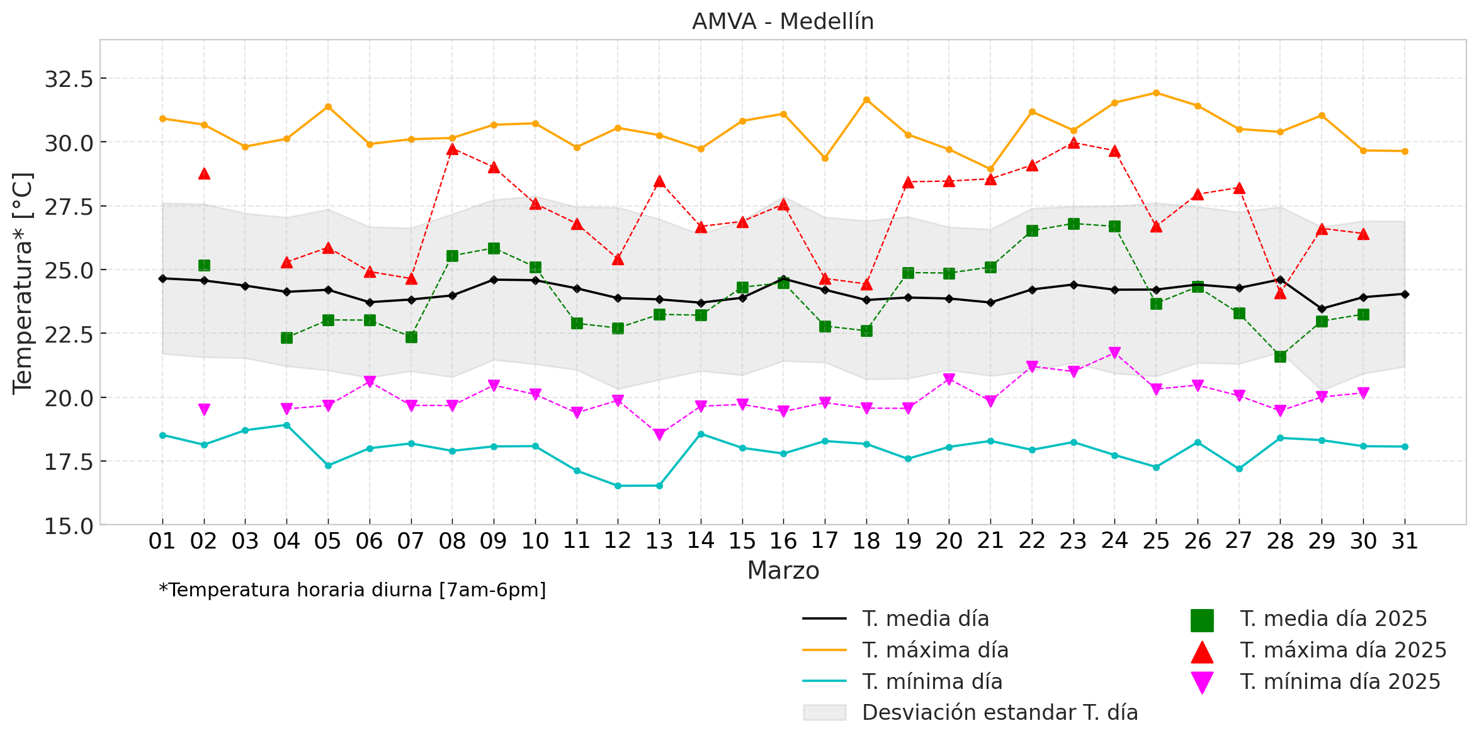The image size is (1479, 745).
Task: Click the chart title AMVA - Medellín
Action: [x=783, y=22]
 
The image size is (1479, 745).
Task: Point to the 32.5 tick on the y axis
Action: [x=69, y=79]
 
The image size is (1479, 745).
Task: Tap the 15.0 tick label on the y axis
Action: [x=69, y=526]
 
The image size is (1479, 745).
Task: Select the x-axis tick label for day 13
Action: [x=659, y=541]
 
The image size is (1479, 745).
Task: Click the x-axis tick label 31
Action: [x=1405, y=541]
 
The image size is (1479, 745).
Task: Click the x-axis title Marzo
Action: [x=783, y=571]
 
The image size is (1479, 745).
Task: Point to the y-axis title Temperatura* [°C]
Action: [x=23, y=283]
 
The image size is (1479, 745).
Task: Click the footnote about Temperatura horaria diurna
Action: [x=353, y=590]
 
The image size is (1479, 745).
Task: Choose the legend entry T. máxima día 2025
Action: [x=1343, y=651]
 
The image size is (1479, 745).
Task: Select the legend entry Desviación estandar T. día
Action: [x=999, y=713]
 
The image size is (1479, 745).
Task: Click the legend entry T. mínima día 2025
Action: [x=1340, y=682]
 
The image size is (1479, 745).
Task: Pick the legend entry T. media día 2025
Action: [x=1333, y=619]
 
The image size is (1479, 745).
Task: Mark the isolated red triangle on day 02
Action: [x=204, y=174]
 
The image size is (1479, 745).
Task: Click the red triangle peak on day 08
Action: [x=452, y=149]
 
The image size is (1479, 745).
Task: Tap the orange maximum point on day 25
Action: [x=1156, y=93]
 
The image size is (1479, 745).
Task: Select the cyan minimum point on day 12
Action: [x=618, y=486]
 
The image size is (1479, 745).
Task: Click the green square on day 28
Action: [x=1280, y=356]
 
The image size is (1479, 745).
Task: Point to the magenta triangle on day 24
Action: [x=1114, y=353]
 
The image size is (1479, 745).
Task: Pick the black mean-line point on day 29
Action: [x=1322, y=309]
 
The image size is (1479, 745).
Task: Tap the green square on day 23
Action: [x=1074, y=224]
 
